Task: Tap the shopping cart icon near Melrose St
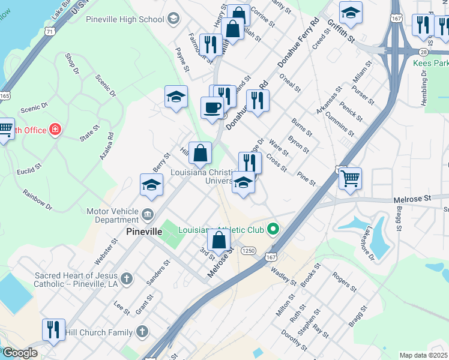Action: pos(350,178)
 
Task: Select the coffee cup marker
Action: pos(211,108)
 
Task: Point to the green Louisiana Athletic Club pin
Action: pos(274,229)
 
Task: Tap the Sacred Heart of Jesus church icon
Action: pos(125,278)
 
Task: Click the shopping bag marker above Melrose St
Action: pos(220,241)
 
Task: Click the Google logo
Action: pos(19,353)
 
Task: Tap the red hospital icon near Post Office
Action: pos(55,130)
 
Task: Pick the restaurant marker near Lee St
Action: pos(53,330)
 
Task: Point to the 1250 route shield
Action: pos(249,250)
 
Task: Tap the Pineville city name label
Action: pos(142,231)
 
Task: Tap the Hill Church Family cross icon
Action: pos(142,331)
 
